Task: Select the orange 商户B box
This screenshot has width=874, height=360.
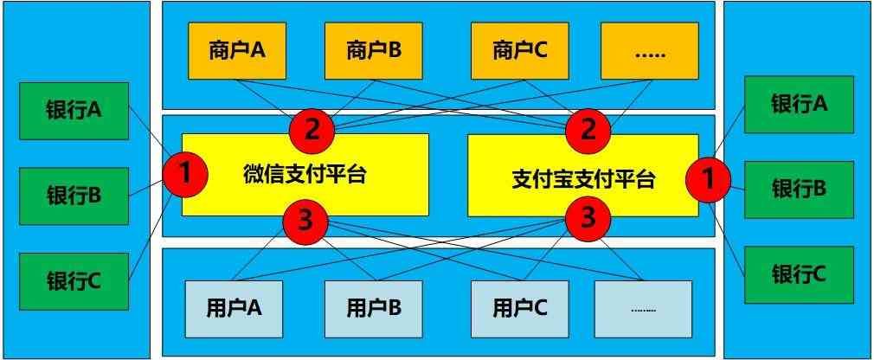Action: pyautogui.click(x=373, y=50)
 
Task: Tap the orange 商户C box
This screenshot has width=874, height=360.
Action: pyautogui.click(x=520, y=50)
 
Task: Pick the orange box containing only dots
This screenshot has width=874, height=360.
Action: pyautogui.click(x=649, y=50)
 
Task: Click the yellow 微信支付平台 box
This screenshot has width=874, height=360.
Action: pyautogui.click(x=305, y=174)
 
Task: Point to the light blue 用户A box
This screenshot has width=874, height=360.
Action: pyautogui.click(x=235, y=307)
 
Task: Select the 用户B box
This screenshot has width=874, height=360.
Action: pyautogui.click(x=373, y=307)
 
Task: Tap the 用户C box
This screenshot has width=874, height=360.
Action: pyautogui.click(x=519, y=307)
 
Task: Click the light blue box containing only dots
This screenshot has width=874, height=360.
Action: pyautogui.click(x=643, y=307)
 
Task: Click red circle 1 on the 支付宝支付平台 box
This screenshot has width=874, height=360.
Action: pyautogui.click(x=708, y=179)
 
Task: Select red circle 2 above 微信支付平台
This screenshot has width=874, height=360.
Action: pyautogui.click(x=313, y=131)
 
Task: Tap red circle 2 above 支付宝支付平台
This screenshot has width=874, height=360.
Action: pyautogui.click(x=588, y=131)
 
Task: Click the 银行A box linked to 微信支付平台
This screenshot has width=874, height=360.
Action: pyautogui.click(x=74, y=111)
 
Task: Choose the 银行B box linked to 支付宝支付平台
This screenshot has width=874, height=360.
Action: pyautogui.click(x=799, y=188)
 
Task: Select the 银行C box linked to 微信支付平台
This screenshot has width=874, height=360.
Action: pyautogui.click(x=74, y=280)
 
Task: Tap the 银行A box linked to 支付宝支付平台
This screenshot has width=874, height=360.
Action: pyautogui.click(x=799, y=105)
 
